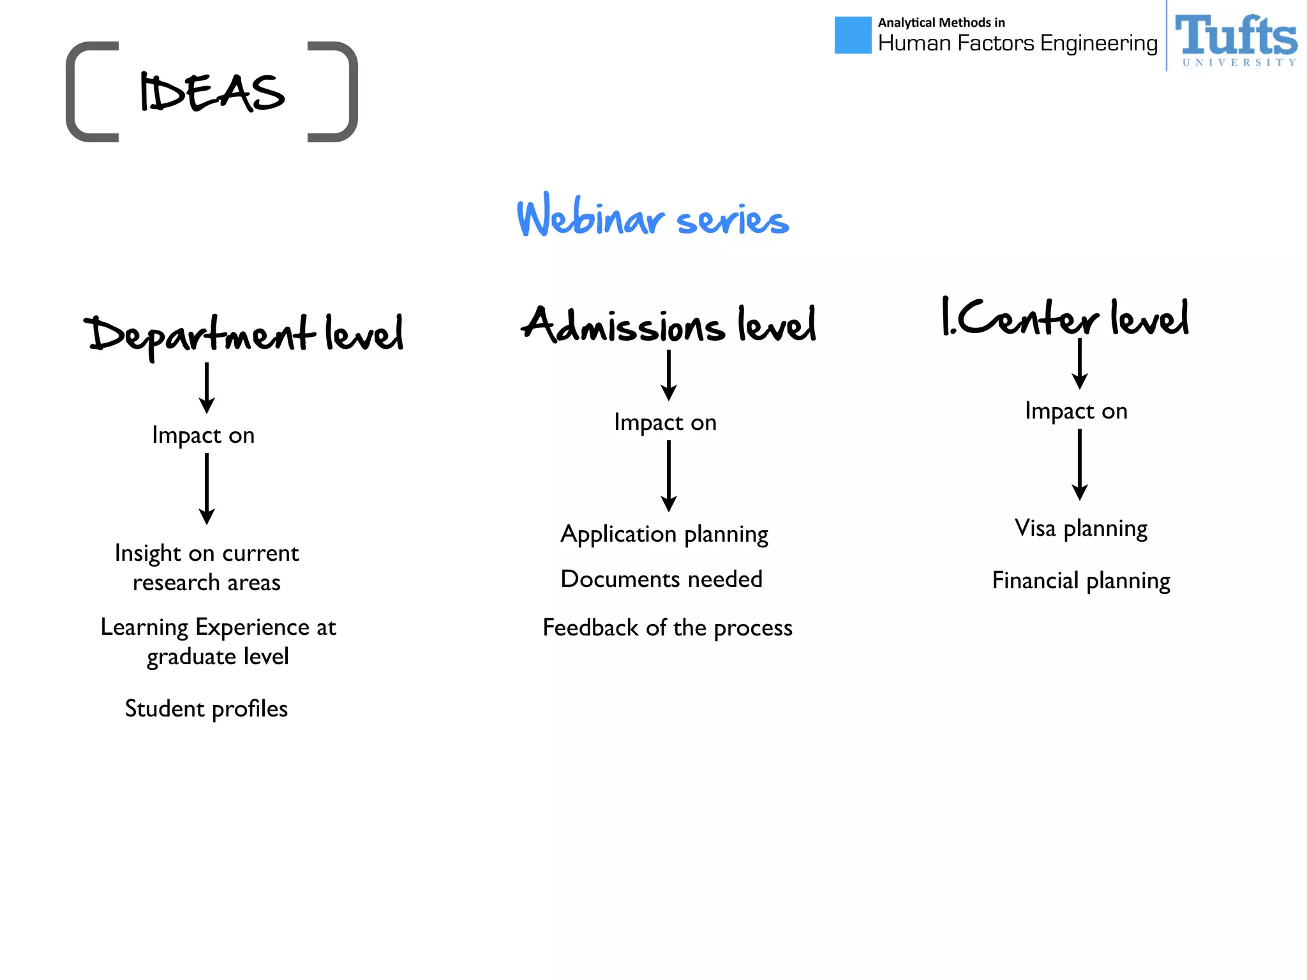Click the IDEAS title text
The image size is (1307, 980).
point(212,93)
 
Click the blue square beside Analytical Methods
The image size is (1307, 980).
point(853,35)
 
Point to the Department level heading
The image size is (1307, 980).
point(246,334)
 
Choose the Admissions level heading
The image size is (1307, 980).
point(668,325)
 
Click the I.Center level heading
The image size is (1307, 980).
point(1065,317)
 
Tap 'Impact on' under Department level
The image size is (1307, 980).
point(204,435)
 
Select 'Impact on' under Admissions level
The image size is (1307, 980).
point(665,422)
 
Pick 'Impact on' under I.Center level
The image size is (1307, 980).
point(1076,411)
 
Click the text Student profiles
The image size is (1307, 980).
point(206,709)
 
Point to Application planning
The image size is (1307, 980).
point(664,534)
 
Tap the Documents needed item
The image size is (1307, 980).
point(661,579)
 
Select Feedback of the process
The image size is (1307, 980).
point(668,628)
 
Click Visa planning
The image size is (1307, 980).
point(1081,528)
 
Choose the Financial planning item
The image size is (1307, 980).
point(1081,581)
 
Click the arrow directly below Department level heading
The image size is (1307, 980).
point(206,388)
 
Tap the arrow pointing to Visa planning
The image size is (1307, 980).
point(1079,464)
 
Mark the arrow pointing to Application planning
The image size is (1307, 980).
point(668,476)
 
